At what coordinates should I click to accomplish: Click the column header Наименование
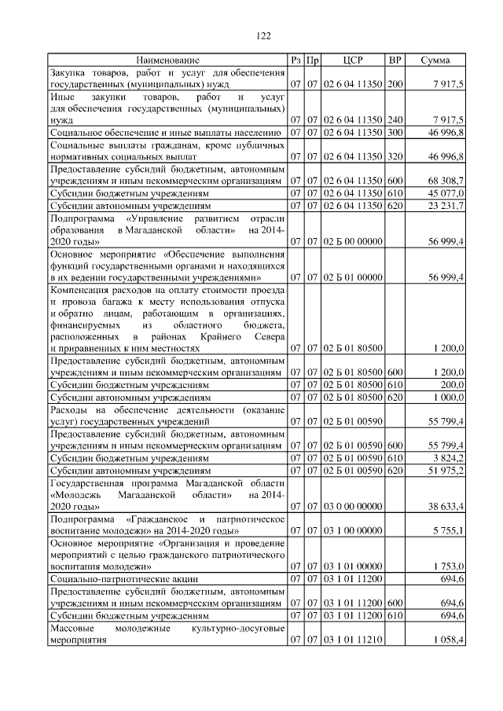click(x=167, y=60)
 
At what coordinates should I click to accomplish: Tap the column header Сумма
click(x=435, y=60)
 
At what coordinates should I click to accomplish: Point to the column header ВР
click(x=395, y=60)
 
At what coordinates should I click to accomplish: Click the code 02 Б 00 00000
click(x=353, y=242)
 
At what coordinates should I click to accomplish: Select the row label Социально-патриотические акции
click(x=124, y=577)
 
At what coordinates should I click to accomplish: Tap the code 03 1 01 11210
click(x=353, y=640)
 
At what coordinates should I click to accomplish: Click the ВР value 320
click(x=395, y=156)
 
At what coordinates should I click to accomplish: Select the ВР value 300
click(x=395, y=132)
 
